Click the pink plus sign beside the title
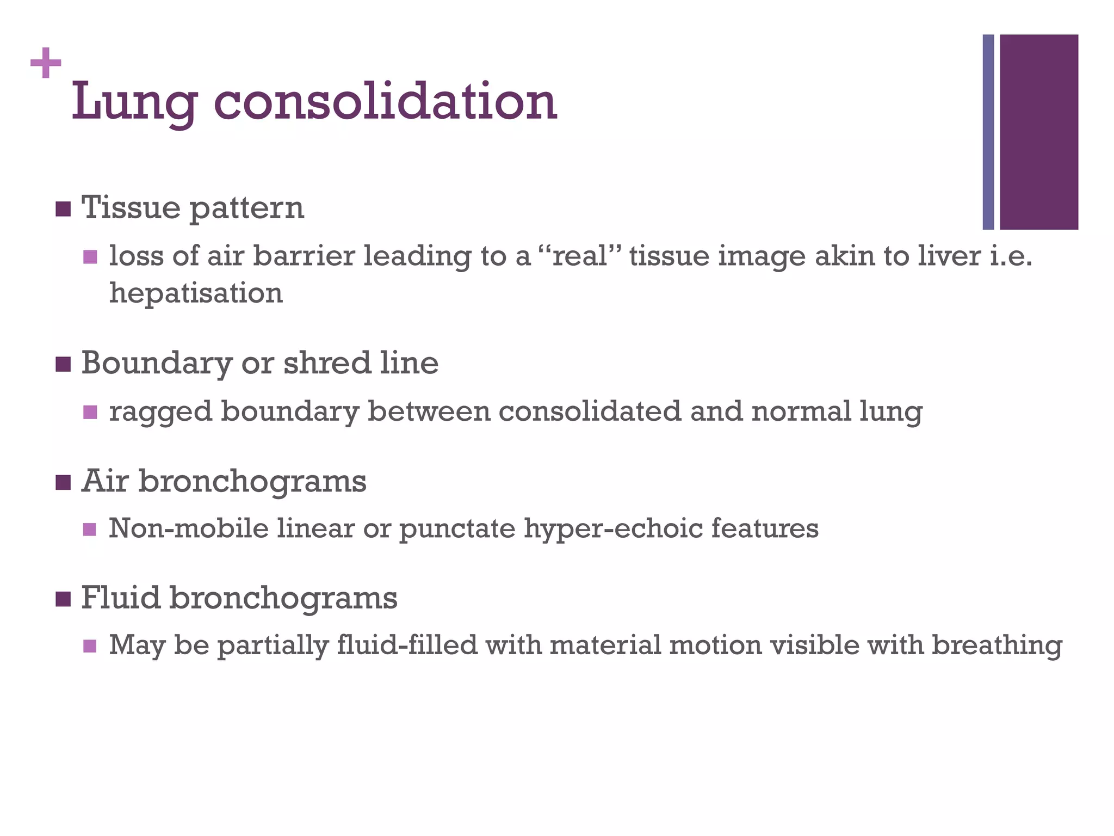point(46,63)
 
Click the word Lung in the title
point(134,102)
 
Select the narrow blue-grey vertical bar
point(988,132)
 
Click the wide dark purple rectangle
point(1039,132)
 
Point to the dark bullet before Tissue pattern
point(63,209)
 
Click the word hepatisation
point(196,293)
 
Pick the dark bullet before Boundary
point(63,364)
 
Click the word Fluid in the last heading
point(121,598)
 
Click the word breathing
point(997,646)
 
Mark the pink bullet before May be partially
point(90,646)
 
